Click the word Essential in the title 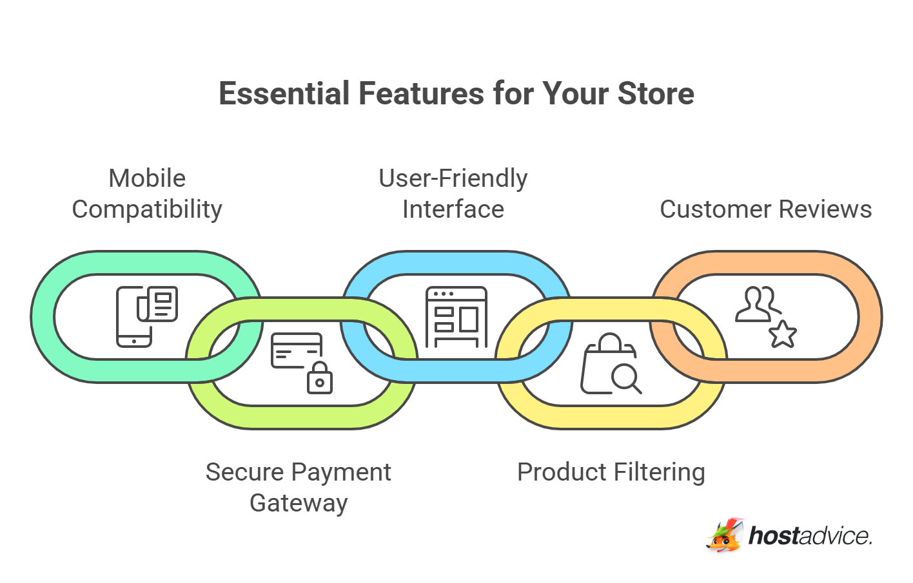(284, 93)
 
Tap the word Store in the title (656, 93)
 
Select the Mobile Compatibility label (147, 194)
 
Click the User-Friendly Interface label (453, 194)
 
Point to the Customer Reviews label (766, 209)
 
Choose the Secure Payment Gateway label (299, 487)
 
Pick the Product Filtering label (611, 472)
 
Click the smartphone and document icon (147, 317)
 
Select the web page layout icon (456, 317)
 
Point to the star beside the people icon (783, 334)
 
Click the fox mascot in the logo (725, 535)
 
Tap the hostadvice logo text (810, 536)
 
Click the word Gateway (299, 503)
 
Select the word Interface (453, 209)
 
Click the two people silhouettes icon (758, 304)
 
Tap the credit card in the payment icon (297, 350)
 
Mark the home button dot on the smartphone (133, 341)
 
